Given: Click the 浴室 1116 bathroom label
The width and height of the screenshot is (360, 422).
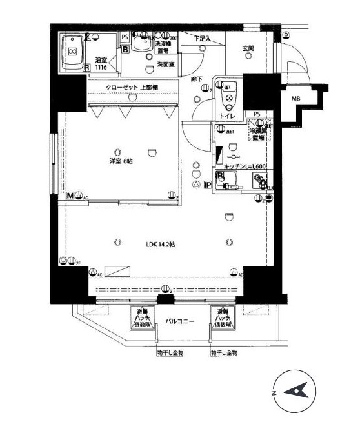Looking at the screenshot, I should tap(101, 64).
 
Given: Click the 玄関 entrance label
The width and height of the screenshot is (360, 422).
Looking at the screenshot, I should tap(248, 48).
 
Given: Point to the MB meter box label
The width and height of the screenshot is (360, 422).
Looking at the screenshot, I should tap(295, 99).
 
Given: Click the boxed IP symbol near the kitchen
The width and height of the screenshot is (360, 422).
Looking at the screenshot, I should tap(208, 186).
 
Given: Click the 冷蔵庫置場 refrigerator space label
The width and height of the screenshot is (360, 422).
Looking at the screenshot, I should tap(259, 134).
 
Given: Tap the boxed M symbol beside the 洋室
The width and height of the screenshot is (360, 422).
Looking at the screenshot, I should tap(69, 195).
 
